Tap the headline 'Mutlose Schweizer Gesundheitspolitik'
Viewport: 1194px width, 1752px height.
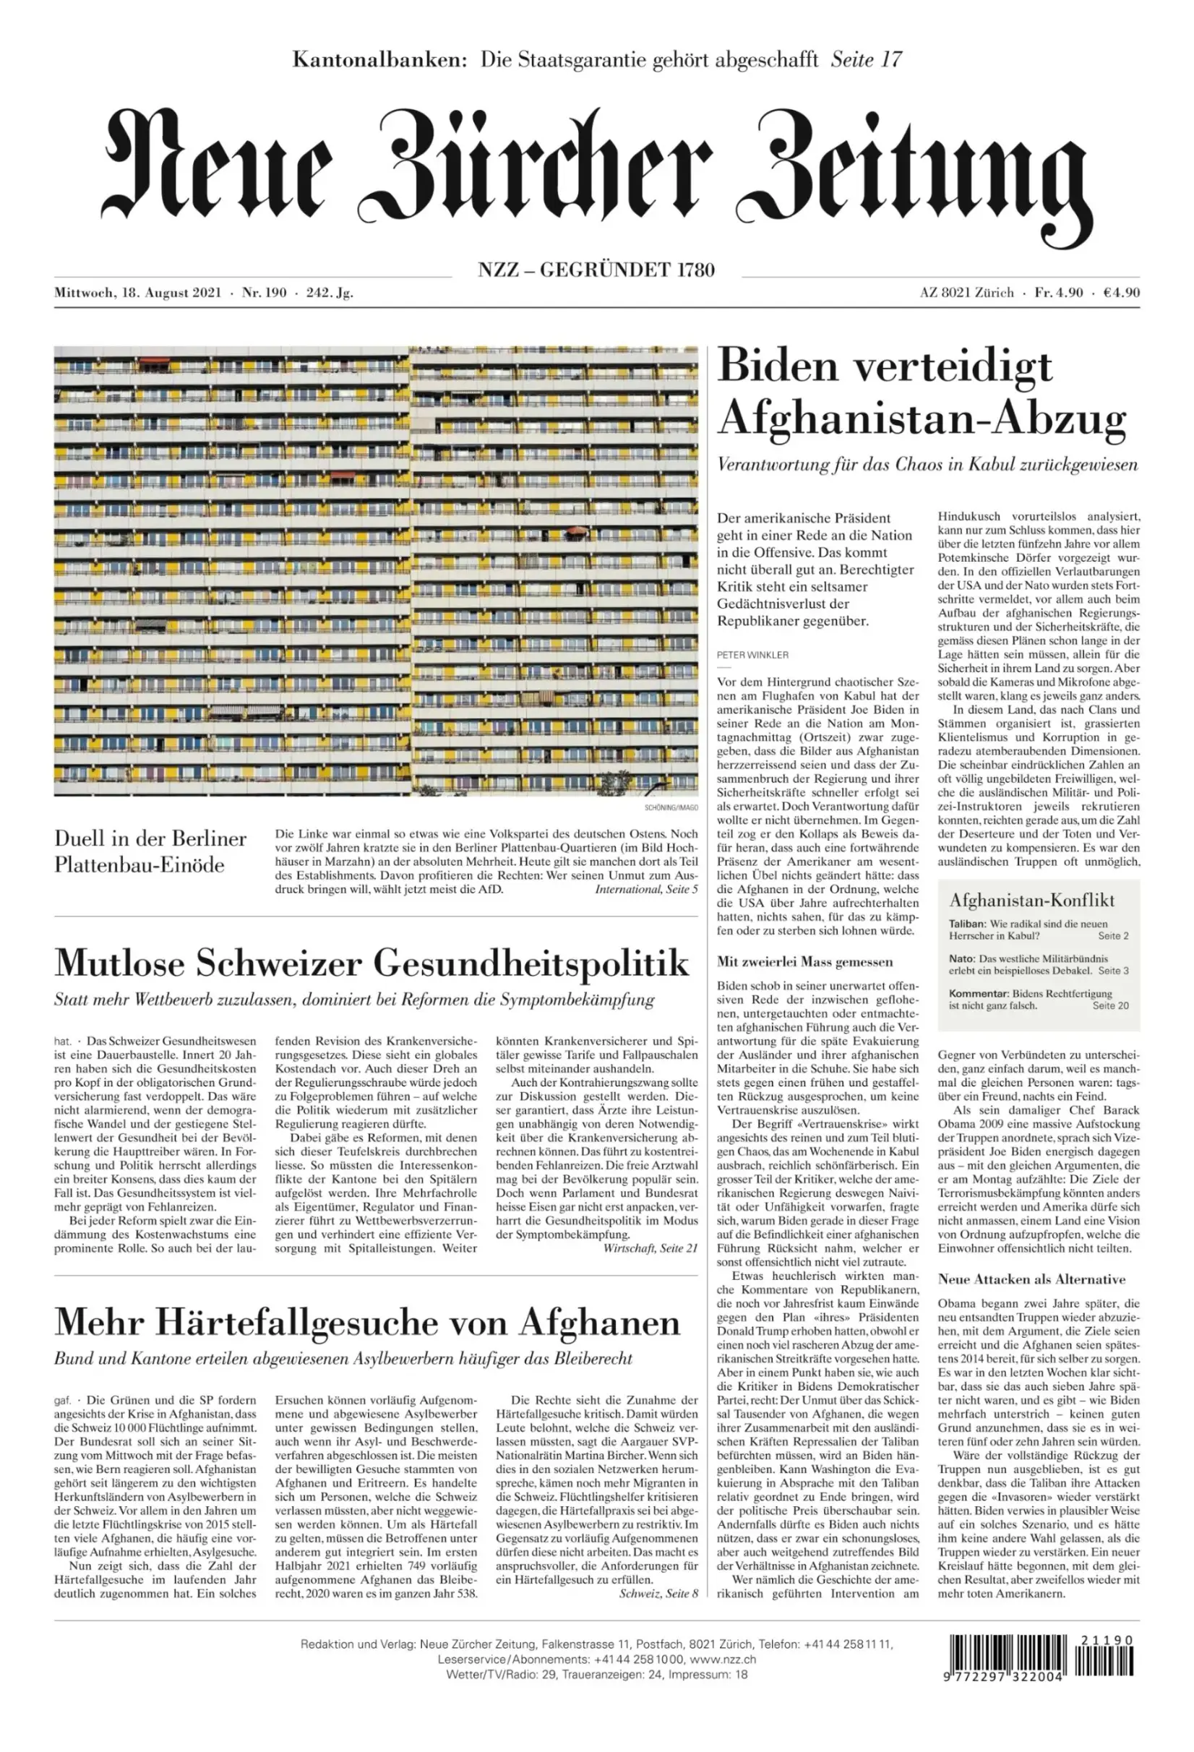[371, 963]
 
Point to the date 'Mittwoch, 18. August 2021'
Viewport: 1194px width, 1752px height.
[137, 293]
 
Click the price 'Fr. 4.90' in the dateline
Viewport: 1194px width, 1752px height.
[1058, 293]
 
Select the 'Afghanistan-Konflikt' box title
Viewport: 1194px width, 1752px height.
[1031, 899]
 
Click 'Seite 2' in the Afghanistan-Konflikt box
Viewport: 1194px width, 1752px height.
[1112, 935]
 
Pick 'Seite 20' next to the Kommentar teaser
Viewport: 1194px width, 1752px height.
[1110, 1005]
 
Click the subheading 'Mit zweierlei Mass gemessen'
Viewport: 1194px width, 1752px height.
[804, 962]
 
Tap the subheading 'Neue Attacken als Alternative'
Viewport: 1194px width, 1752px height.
[1031, 1279]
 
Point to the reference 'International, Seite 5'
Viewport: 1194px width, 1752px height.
[646, 890]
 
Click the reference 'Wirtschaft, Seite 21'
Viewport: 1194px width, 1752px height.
[650, 1248]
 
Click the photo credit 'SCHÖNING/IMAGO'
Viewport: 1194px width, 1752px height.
[671, 807]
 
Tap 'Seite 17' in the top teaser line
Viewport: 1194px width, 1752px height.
[866, 59]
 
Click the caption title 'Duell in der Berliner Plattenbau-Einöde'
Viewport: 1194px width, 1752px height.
[150, 851]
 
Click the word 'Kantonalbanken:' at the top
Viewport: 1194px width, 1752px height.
[380, 59]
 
